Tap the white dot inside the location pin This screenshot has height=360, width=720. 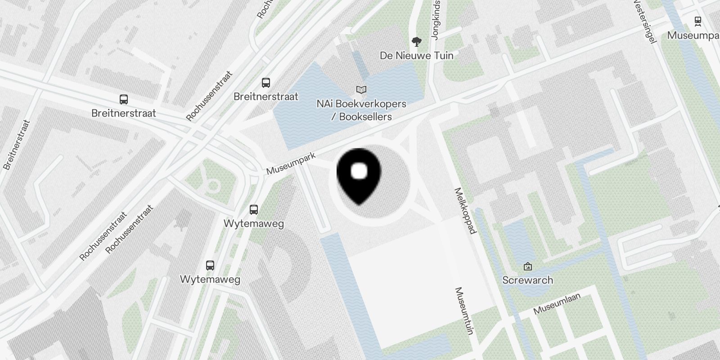pos(359,171)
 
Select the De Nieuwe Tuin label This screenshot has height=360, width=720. pos(416,55)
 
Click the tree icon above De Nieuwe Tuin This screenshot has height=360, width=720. pos(417,42)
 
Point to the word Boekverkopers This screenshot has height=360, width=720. pos(372,104)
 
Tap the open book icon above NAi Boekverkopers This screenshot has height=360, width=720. pos(361,90)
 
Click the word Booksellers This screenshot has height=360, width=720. pos(365,117)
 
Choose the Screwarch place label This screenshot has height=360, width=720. pos(527,280)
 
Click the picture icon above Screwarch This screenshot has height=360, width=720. pos(528,267)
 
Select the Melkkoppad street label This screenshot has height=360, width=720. pos(466,211)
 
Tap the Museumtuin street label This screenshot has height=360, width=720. pos(465,311)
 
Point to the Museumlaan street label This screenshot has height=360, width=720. pos(557,303)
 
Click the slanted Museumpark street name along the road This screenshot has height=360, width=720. pos(291,164)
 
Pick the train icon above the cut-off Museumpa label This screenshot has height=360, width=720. pos(698,20)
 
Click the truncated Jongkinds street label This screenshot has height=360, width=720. pos(435,20)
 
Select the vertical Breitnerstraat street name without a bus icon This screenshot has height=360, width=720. pos(16,144)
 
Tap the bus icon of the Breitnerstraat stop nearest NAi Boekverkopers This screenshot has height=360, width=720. pos(266,83)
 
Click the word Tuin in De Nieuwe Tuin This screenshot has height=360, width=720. pos(443,55)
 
